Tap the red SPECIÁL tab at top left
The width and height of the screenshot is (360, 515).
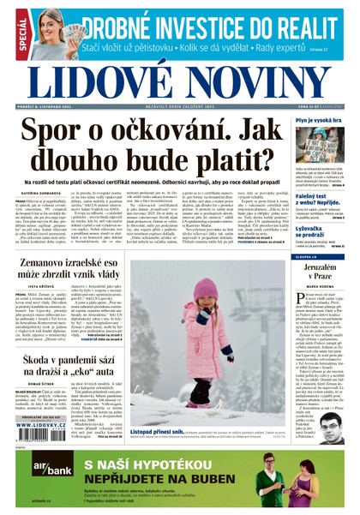point(22,36)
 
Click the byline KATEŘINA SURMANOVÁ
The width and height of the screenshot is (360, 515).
point(38,195)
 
